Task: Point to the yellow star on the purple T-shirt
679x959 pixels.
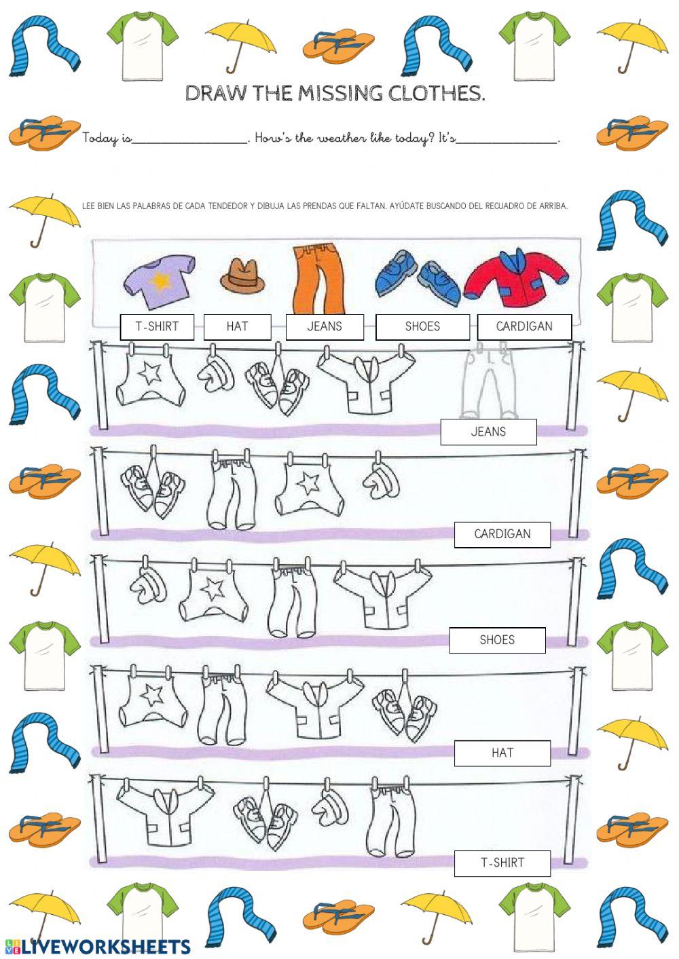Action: tap(162, 280)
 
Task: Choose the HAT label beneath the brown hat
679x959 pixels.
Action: tap(237, 326)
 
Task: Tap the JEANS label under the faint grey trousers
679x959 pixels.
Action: tap(488, 432)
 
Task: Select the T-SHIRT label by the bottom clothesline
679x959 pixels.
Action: tap(502, 863)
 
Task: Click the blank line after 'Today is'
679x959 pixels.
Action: tap(190, 140)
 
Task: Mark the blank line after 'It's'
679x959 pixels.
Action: tap(508, 140)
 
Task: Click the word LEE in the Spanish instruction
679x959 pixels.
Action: tap(88, 206)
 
